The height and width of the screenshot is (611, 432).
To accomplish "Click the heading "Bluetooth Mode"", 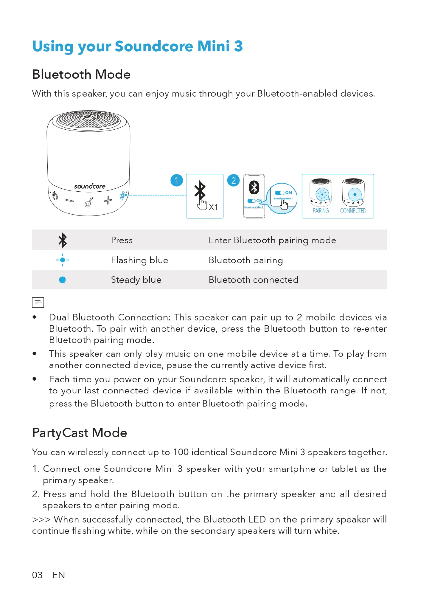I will coord(81,75).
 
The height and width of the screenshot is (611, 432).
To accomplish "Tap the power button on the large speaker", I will coord(55,196).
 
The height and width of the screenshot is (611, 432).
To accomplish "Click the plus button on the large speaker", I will coord(108,200).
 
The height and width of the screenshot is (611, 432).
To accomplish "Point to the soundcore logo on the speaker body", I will coord(90,186).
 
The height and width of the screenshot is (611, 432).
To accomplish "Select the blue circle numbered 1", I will coord(177,180).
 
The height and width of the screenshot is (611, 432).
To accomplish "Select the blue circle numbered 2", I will coord(233,180).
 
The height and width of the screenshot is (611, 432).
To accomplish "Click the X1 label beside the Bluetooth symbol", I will coord(213,207).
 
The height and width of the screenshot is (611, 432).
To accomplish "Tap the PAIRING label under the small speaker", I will coord(321,211).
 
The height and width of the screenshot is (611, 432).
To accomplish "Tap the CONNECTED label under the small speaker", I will coord(353,211).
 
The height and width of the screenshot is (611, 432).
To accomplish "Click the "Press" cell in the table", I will coord(122,240).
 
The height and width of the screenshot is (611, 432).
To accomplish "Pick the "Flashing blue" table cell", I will coord(139,260).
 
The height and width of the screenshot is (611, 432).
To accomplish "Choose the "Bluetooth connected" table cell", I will coord(253,280).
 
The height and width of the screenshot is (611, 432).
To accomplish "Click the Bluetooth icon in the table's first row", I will coord(63,240).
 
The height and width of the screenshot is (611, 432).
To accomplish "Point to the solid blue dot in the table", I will coord(62,280).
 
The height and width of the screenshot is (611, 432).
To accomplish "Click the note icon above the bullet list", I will coord(38,303).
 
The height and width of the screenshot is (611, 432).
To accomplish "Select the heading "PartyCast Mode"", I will coord(80,433).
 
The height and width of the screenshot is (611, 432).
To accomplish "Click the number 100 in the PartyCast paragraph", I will coord(181,452).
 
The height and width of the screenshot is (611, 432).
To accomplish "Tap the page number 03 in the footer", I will coord(37,575).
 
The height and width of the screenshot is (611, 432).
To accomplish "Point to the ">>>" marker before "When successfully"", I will coord(41,519).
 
